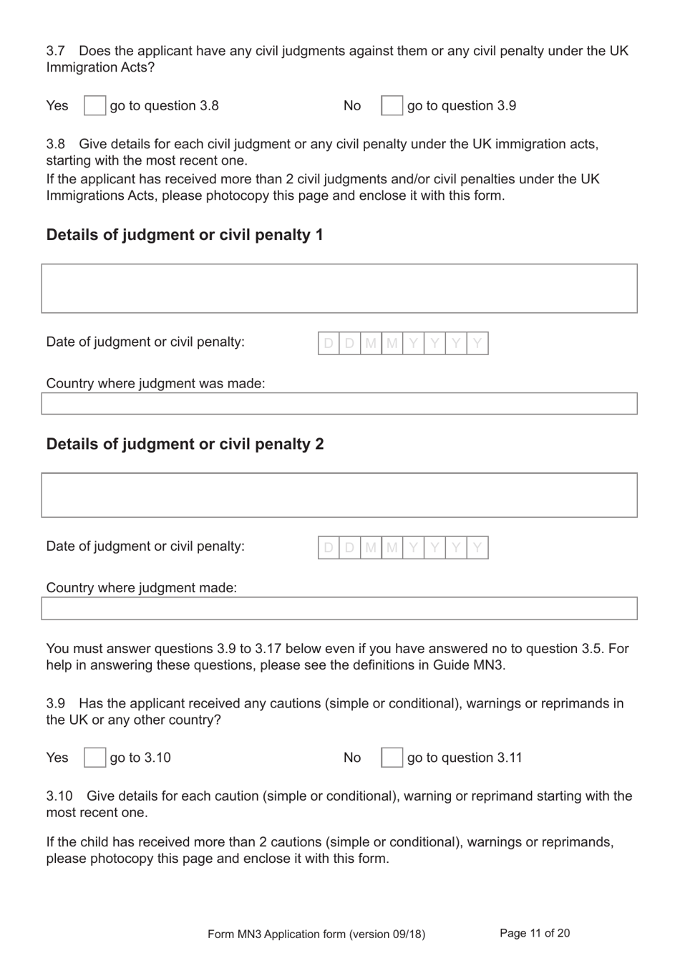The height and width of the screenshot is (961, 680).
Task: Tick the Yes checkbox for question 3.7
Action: tap(94, 106)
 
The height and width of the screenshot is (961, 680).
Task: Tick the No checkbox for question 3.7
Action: tap(392, 106)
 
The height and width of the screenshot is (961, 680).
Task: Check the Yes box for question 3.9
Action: tap(94, 758)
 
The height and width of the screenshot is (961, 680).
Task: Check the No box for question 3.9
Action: tap(392, 758)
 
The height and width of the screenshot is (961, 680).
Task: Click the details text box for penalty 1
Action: tap(339, 289)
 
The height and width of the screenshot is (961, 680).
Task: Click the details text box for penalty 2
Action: tap(339, 495)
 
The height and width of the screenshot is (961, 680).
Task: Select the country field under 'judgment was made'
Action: tap(339, 404)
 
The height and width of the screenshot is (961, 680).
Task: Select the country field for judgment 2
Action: tap(339, 609)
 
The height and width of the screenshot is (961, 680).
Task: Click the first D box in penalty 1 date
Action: tap(329, 344)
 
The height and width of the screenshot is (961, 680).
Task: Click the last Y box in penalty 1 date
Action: tap(477, 344)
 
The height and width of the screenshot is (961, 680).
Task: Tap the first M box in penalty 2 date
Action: tap(371, 548)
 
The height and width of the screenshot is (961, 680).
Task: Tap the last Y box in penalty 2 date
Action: tap(477, 548)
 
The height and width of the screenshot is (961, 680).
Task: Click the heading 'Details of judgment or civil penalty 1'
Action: tap(185, 235)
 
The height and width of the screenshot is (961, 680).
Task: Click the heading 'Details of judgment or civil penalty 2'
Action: tap(185, 444)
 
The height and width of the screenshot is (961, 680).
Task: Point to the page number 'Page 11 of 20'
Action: tap(535, 933)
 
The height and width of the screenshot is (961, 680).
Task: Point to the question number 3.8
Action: tap(56, 144)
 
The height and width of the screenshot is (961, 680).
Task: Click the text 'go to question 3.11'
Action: tap(465, 758)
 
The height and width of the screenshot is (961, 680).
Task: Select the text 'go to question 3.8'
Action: tap(164, 106)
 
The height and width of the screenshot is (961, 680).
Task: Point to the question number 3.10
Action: tap(59, 796)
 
